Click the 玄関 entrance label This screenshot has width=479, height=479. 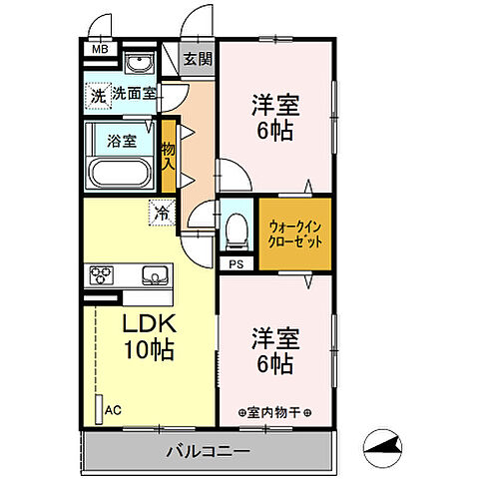198,60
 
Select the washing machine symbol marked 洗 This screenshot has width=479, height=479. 97,96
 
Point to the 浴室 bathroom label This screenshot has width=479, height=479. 124,140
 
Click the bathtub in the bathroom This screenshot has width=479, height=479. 121,172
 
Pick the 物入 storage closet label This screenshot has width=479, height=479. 169,156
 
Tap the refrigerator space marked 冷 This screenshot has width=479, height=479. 160,211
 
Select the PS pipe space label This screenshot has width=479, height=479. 237,264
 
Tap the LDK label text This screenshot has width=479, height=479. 150,324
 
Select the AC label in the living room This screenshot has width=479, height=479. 113,409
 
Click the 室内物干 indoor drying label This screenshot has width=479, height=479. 275,412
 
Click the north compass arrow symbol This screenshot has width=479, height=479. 384,450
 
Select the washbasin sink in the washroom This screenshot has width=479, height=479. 141,65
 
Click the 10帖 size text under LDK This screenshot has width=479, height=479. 150,351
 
